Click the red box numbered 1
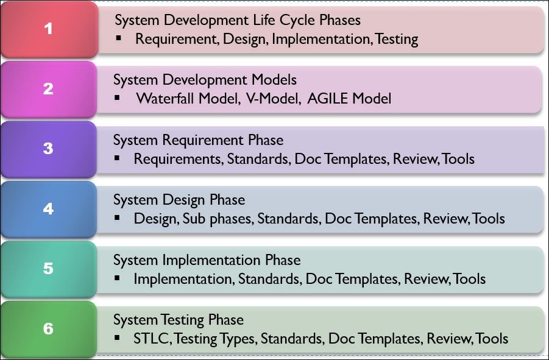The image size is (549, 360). (x=49, y=29)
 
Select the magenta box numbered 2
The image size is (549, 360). (x=49, y=88)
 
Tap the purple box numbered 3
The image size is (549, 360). (x=49, y=149)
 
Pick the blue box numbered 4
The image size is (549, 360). (x=49, y=208)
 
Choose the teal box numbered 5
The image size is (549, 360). (x=49, y=269)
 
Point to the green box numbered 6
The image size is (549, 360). (x=49, y=329)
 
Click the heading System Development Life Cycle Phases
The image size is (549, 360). (x=238, y=20)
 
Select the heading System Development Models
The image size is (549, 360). (x=205, y=80)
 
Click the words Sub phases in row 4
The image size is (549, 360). (x=219, y=218)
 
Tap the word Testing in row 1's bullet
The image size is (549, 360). (x=397, y=40)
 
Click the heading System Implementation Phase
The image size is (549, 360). (x=207, y=260)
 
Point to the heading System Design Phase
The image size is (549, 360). (x=179, y=200)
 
